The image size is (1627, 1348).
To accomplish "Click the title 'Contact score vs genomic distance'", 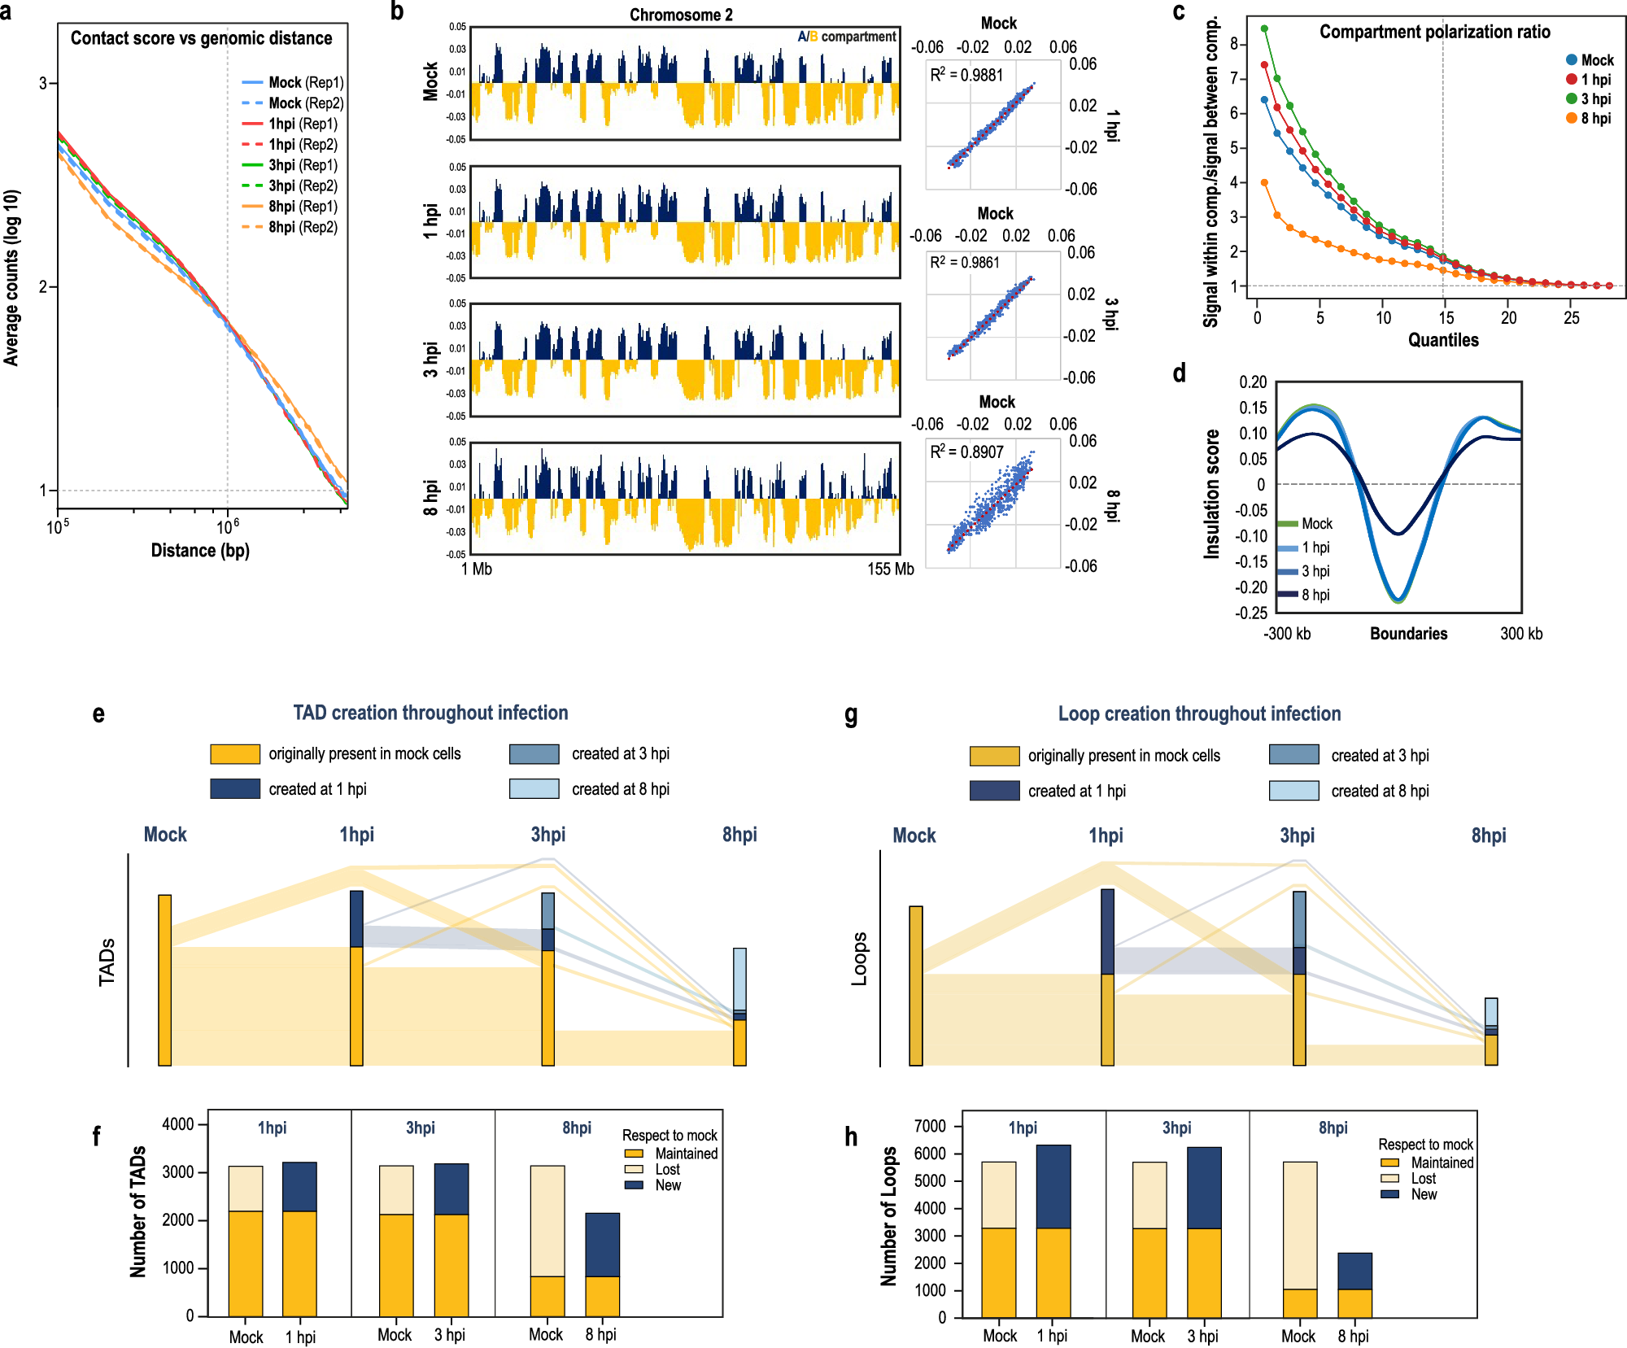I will pyautogui.click(x=201, y=38).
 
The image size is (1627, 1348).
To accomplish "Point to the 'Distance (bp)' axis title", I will pyautogui.click(x=200, y=551).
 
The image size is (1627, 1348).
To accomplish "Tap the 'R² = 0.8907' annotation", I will pyautogui.click(x=967, y=452).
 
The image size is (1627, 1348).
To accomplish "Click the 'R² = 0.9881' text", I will pyautogui.click(x=967, y=76).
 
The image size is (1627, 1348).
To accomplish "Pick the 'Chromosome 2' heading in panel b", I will pyautogui.click(x=681, y=15).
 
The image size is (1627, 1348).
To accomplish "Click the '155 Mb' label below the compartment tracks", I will pyautogui.click(x=890, y=569).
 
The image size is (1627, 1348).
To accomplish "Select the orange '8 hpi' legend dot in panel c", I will pyautogui.click(x=1572, y=119).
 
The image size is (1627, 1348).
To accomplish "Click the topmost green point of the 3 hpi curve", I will pyautogui.click(x=1264, y=29).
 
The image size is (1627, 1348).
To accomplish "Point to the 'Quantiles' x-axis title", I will pyautogui.click(x=1443, y=340).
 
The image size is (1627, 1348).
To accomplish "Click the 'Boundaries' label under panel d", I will pyautogui.click(x=1408, y=634).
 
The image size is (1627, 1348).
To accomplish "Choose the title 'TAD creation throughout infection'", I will pyautogui.click(x=430, y=713).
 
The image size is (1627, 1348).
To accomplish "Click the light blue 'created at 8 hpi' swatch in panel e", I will pyautogui.click(x=534, y=788).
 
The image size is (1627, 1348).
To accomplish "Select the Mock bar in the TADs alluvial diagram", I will pyautogui.click(x=165, y=979).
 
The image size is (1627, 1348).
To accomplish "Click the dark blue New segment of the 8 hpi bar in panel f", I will pyautogui.click(x=602, y=1244).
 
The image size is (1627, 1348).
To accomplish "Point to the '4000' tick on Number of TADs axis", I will pyautogui.click(x=178, y=1124).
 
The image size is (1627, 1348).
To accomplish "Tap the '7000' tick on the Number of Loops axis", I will pyautogui.click(x=930, y=1126).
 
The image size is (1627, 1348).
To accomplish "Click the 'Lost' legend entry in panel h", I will pyautogui.click(x=1423, y=1179).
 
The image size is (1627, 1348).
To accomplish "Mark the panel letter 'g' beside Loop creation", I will pyautogui.click(x=851, y=715).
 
